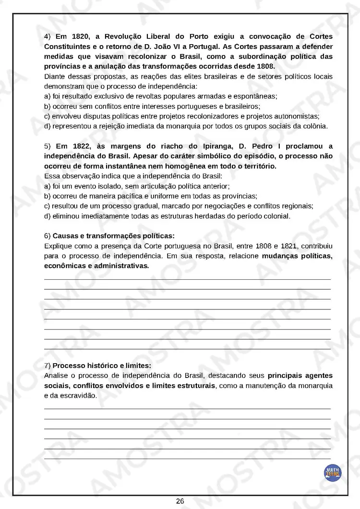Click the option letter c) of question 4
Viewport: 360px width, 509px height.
[x=47, y=116]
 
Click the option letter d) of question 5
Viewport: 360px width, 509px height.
[x=47, y=216]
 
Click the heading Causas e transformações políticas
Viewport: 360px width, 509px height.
[x=113, y=236]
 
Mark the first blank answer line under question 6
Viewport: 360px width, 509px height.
[x=187, y=279]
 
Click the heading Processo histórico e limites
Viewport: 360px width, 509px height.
[x=102, y=366]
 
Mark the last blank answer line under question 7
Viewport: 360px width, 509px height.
[x=187, y=459]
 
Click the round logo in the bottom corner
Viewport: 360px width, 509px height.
[x=332, y=473]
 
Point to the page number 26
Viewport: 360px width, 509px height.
[x=180, y=501]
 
